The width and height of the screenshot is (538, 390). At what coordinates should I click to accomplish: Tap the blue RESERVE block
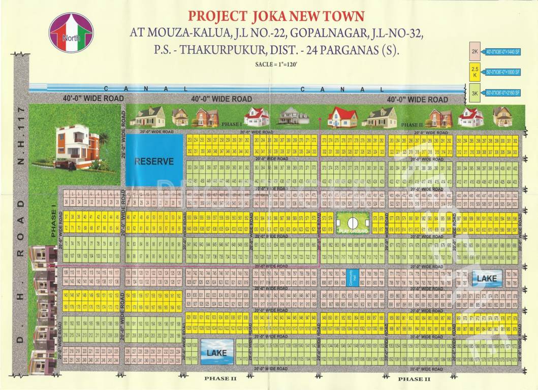[x=154, y=161]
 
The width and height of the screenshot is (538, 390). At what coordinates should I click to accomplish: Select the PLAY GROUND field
[x=353, y=223]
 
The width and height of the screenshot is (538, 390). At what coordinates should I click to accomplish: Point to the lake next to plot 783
[x=486, y=277]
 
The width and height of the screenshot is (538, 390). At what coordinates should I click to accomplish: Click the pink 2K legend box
[x=475, y=51]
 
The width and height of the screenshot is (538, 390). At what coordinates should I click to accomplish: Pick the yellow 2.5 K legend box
[x=475, y=72]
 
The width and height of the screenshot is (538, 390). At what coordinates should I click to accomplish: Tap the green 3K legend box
[x=475, y=93]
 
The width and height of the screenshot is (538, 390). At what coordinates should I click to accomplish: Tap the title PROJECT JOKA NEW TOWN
[x=276, y=16]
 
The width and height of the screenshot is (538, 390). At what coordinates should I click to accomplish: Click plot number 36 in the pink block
[x=67, y=202]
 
